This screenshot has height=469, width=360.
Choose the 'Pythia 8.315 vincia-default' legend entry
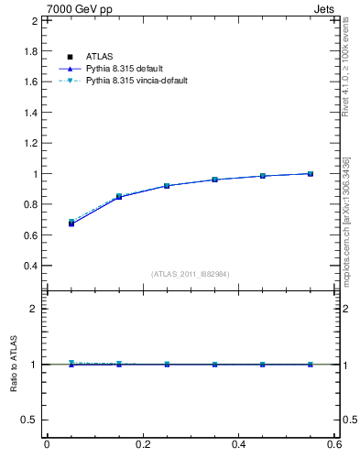click(136, 81)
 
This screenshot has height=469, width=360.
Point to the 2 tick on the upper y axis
click(34, 20)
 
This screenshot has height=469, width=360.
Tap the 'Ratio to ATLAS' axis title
click(15, 365)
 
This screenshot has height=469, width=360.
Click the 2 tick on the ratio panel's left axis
click(34, 309)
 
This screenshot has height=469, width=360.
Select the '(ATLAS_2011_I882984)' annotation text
click(191, 274)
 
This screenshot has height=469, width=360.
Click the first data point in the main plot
click(71, 223)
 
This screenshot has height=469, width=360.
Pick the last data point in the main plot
click(311, 173)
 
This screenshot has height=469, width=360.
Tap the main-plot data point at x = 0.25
click(167, 185)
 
